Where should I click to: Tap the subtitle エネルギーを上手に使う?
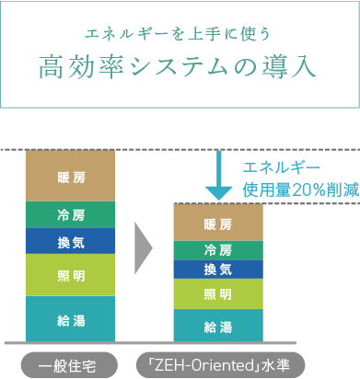180,34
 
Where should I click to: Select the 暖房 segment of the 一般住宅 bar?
71,175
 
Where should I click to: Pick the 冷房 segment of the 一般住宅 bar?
71,214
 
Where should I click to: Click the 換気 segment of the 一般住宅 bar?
71,240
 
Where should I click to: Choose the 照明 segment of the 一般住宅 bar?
71,274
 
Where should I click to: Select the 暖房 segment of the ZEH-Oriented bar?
218,223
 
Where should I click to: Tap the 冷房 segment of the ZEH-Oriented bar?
218,250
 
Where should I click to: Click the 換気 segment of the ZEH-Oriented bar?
218,269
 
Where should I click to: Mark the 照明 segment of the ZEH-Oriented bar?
218,293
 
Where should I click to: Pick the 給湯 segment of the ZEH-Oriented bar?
218,326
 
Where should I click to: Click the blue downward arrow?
218,178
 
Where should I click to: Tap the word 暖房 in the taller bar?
71,175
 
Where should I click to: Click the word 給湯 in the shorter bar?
218,326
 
